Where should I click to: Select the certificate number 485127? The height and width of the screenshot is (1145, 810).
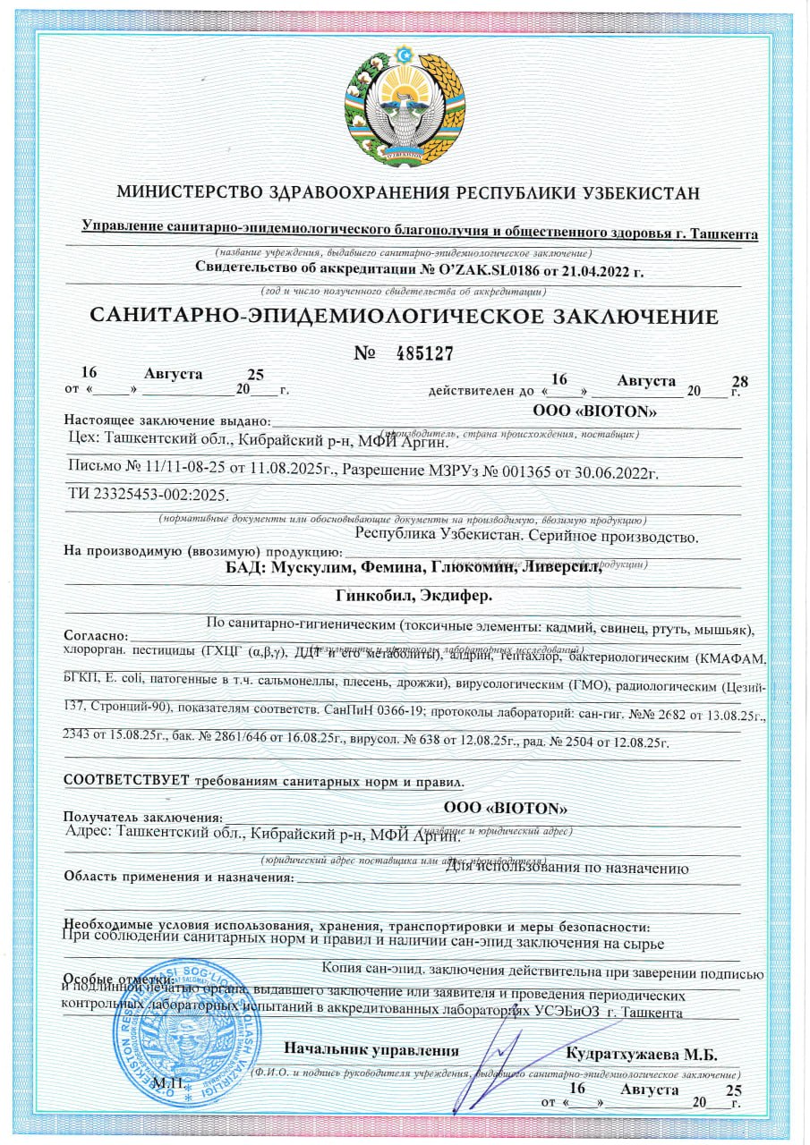[425, 353]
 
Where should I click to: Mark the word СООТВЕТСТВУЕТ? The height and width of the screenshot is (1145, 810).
[126, 778]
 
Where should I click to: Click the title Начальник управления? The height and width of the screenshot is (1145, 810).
[371, 1051]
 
